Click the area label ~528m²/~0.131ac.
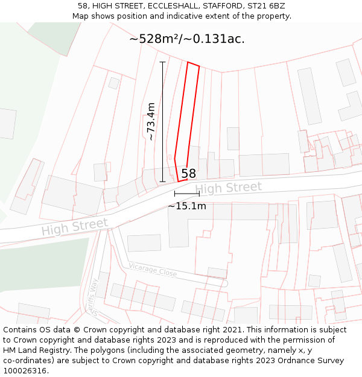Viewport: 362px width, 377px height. (186, 39)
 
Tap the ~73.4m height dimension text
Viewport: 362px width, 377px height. (151, 121)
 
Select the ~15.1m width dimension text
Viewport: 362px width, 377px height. (186, 206)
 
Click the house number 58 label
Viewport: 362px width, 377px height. (188, 174)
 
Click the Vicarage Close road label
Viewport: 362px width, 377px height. (153, 270)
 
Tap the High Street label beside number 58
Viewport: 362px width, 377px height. (228, 188)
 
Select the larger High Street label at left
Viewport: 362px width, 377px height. (74, 227)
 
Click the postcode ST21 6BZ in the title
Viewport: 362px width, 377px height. (265, 6)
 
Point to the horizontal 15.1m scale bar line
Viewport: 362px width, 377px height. (186, 194)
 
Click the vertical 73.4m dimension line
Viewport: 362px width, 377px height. (162, 121)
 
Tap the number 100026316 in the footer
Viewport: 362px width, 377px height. (24, 371)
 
